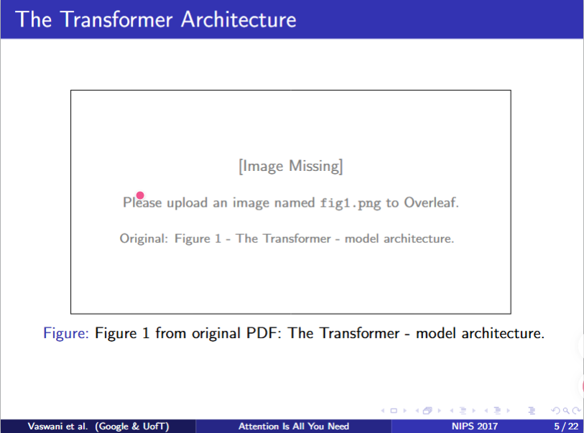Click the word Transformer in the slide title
116,19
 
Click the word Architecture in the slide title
238,19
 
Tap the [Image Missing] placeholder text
290,166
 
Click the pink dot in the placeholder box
140,195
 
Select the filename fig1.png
351,203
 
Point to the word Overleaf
431,202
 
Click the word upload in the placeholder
187,203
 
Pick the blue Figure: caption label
66,333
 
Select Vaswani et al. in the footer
57,427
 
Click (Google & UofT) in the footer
132,427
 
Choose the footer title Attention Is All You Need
294,427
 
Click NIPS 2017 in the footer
475,427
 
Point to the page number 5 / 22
566,427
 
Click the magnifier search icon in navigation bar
566,411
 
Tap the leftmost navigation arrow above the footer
383,411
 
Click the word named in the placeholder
295,203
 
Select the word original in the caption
216,333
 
